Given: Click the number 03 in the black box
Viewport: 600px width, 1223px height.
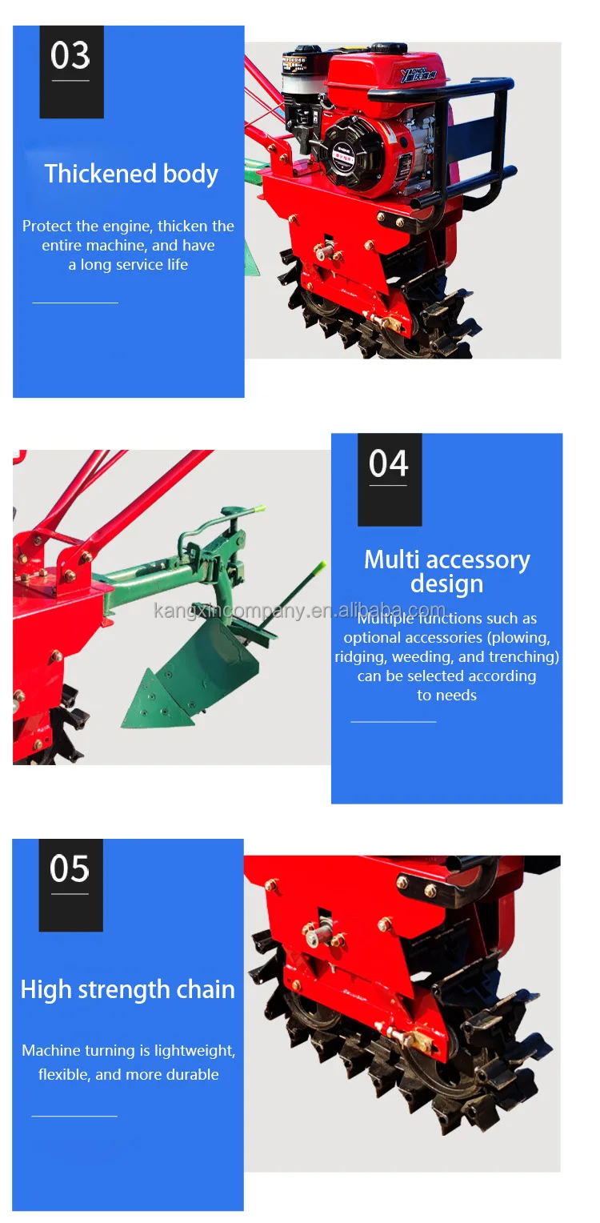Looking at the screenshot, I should click(x=70, y=56).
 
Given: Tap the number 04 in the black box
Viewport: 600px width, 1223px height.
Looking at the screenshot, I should click(x=389, y=463).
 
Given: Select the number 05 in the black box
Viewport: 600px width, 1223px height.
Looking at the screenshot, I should click(x=70, y=869).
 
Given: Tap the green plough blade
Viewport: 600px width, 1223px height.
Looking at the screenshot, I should click(x=192, y=676).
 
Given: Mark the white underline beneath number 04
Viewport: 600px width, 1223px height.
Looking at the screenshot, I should click(x=389, y=486).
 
